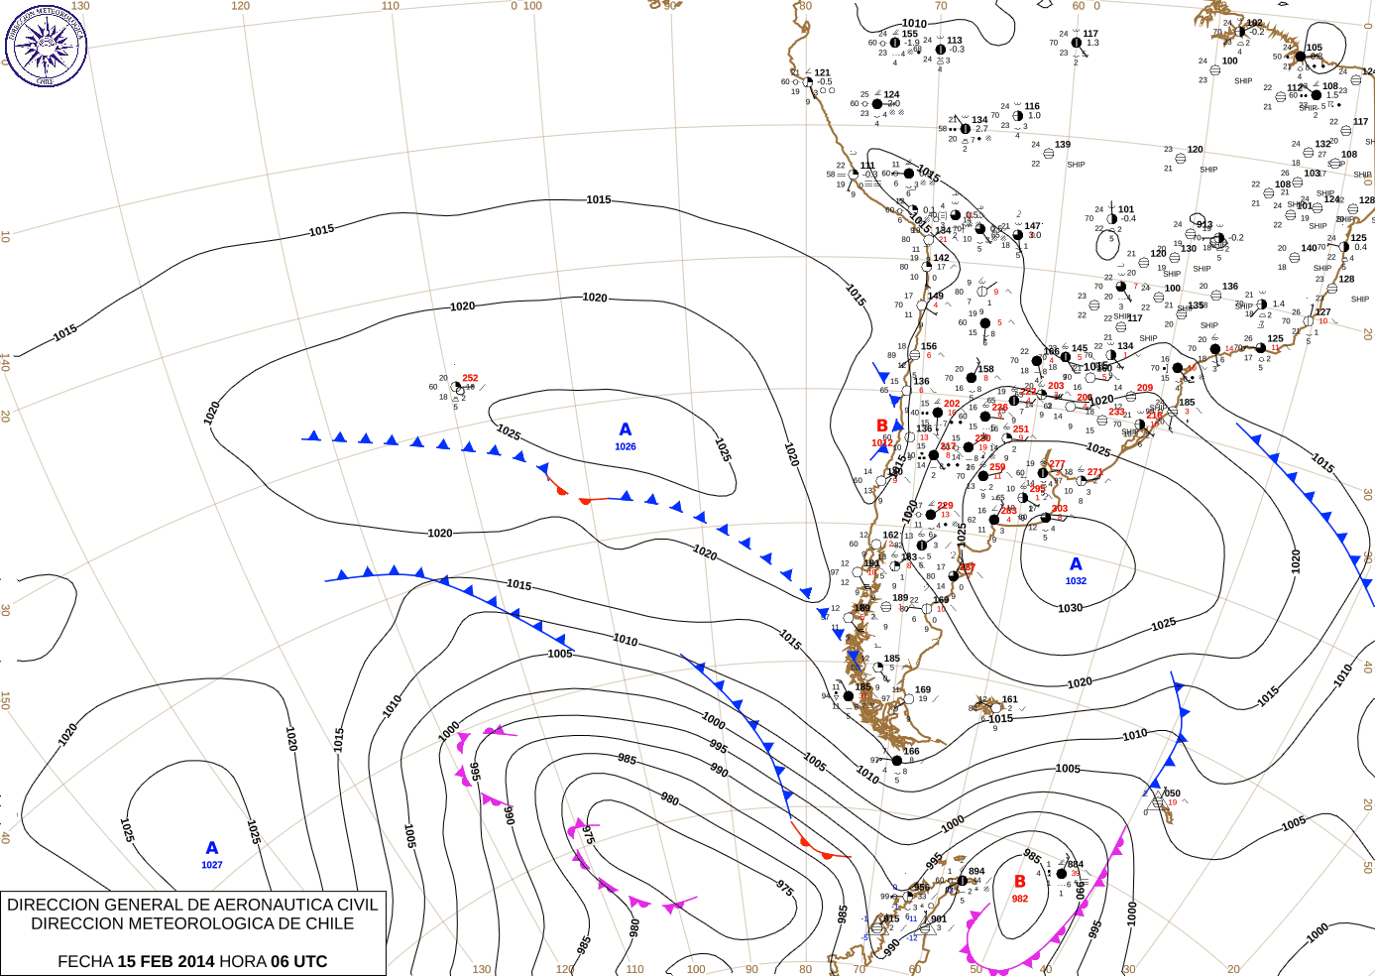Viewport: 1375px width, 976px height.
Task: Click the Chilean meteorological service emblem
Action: point(46,45)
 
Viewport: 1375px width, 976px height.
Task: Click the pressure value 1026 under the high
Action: point(625,446)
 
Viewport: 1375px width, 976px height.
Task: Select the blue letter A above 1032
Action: point(1076,564)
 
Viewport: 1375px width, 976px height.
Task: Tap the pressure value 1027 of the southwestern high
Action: point(212,865)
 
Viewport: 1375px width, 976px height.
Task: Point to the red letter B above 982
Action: point(1019,881)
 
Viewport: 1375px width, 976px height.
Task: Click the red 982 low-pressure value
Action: point(1020,899)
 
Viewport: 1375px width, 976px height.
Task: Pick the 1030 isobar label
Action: point(1070,608)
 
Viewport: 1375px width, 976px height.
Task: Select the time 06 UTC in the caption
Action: point(297,961)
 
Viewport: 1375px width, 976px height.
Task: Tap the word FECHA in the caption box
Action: point(85,961)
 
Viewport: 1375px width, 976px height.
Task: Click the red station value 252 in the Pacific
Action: point(470,378)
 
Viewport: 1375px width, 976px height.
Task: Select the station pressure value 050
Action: point(1172,793)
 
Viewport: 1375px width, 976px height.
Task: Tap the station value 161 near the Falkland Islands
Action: point(1009,699)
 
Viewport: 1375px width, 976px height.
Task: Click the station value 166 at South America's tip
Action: point(911,751)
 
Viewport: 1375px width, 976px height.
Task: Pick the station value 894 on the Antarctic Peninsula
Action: point(976,871)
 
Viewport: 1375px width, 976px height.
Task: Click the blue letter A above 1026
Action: point(625,429)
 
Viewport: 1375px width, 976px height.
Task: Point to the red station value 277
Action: point(1057,463)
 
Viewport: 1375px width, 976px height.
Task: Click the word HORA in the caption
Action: point(242,961)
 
